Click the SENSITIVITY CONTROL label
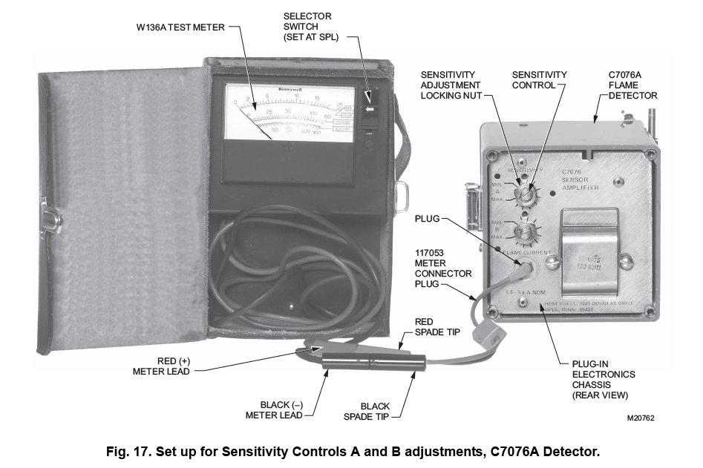pyautogui.click(x=540, y=80)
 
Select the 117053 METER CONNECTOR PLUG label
pyautogui.click(x=442, y=268)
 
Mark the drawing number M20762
pyautogui.click(x=641, y=418)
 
